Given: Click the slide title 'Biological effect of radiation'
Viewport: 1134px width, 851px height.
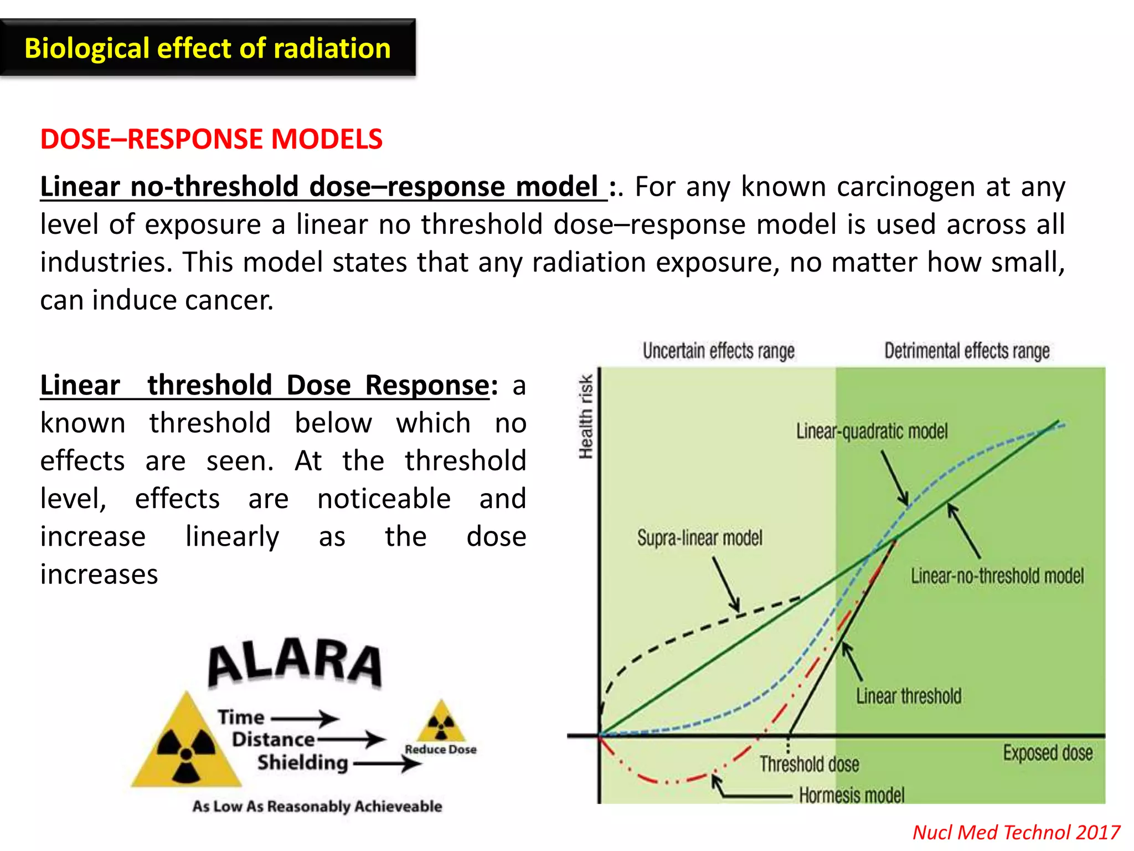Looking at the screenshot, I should [x=208, y=48].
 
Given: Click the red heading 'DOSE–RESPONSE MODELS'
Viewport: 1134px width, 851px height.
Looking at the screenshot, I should [x=211, y=139].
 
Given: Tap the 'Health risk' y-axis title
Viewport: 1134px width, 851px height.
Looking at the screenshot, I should [x=585, y=417].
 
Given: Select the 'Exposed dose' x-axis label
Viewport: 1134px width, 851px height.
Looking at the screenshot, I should [x=1048, y=753].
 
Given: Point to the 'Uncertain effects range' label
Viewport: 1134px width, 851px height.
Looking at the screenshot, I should [x=718, y=351].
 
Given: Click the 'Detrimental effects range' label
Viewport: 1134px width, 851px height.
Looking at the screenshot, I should [x=966, y=351].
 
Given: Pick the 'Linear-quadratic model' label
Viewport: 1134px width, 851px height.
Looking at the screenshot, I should [x=872, y=431].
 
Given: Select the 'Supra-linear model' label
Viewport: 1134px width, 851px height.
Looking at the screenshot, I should [x=699, y=537].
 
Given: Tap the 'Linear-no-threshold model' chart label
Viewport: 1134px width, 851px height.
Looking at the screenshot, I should [x=997, y=576].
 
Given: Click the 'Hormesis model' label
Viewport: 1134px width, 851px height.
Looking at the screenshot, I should [x=851, y=796].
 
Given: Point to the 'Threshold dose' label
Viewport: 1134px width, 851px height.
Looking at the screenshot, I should [x=809, y=765].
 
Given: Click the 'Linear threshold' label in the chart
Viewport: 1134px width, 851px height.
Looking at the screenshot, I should [x=908, y=696].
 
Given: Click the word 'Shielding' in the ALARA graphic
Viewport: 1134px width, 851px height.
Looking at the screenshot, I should [x=302, y=763].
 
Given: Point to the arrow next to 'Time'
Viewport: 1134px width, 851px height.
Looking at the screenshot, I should [x=305, y=719].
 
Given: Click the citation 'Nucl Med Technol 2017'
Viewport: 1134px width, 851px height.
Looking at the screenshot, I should [x=1016, y=833].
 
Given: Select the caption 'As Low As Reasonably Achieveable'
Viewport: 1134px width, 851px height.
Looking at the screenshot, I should [x=317, y=807].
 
